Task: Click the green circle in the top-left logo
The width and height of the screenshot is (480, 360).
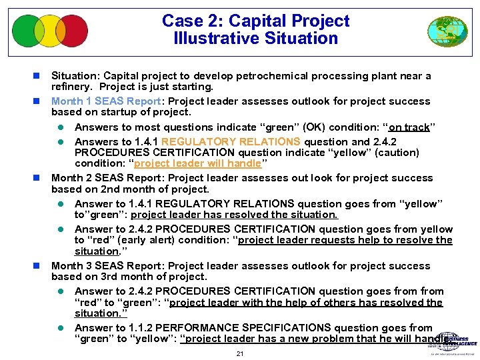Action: tap(27, 31)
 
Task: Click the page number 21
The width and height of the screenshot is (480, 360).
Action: tap(240, 353)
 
